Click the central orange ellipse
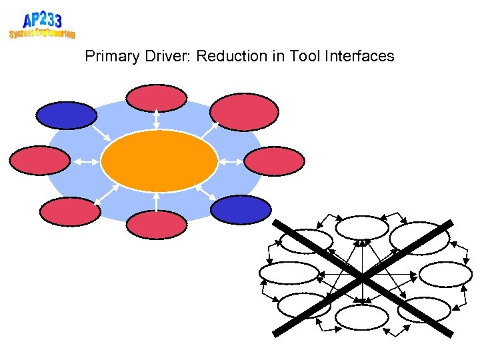(x=159, y=161)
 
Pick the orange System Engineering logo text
(x=42, y=33)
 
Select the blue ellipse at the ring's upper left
(x=66, y=115)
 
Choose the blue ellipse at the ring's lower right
(x=241, y=209)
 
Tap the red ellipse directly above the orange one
(x=157, y=98)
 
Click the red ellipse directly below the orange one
(x=157, y=225)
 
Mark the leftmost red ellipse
(x=39, y=161)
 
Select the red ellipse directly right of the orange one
(x=274, y=161)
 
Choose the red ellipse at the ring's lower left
(x=69, y=211)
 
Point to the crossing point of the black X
(x=362, y=277)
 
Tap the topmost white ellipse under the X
(x=362, y=228)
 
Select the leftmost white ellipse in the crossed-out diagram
(x=289, y=273)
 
